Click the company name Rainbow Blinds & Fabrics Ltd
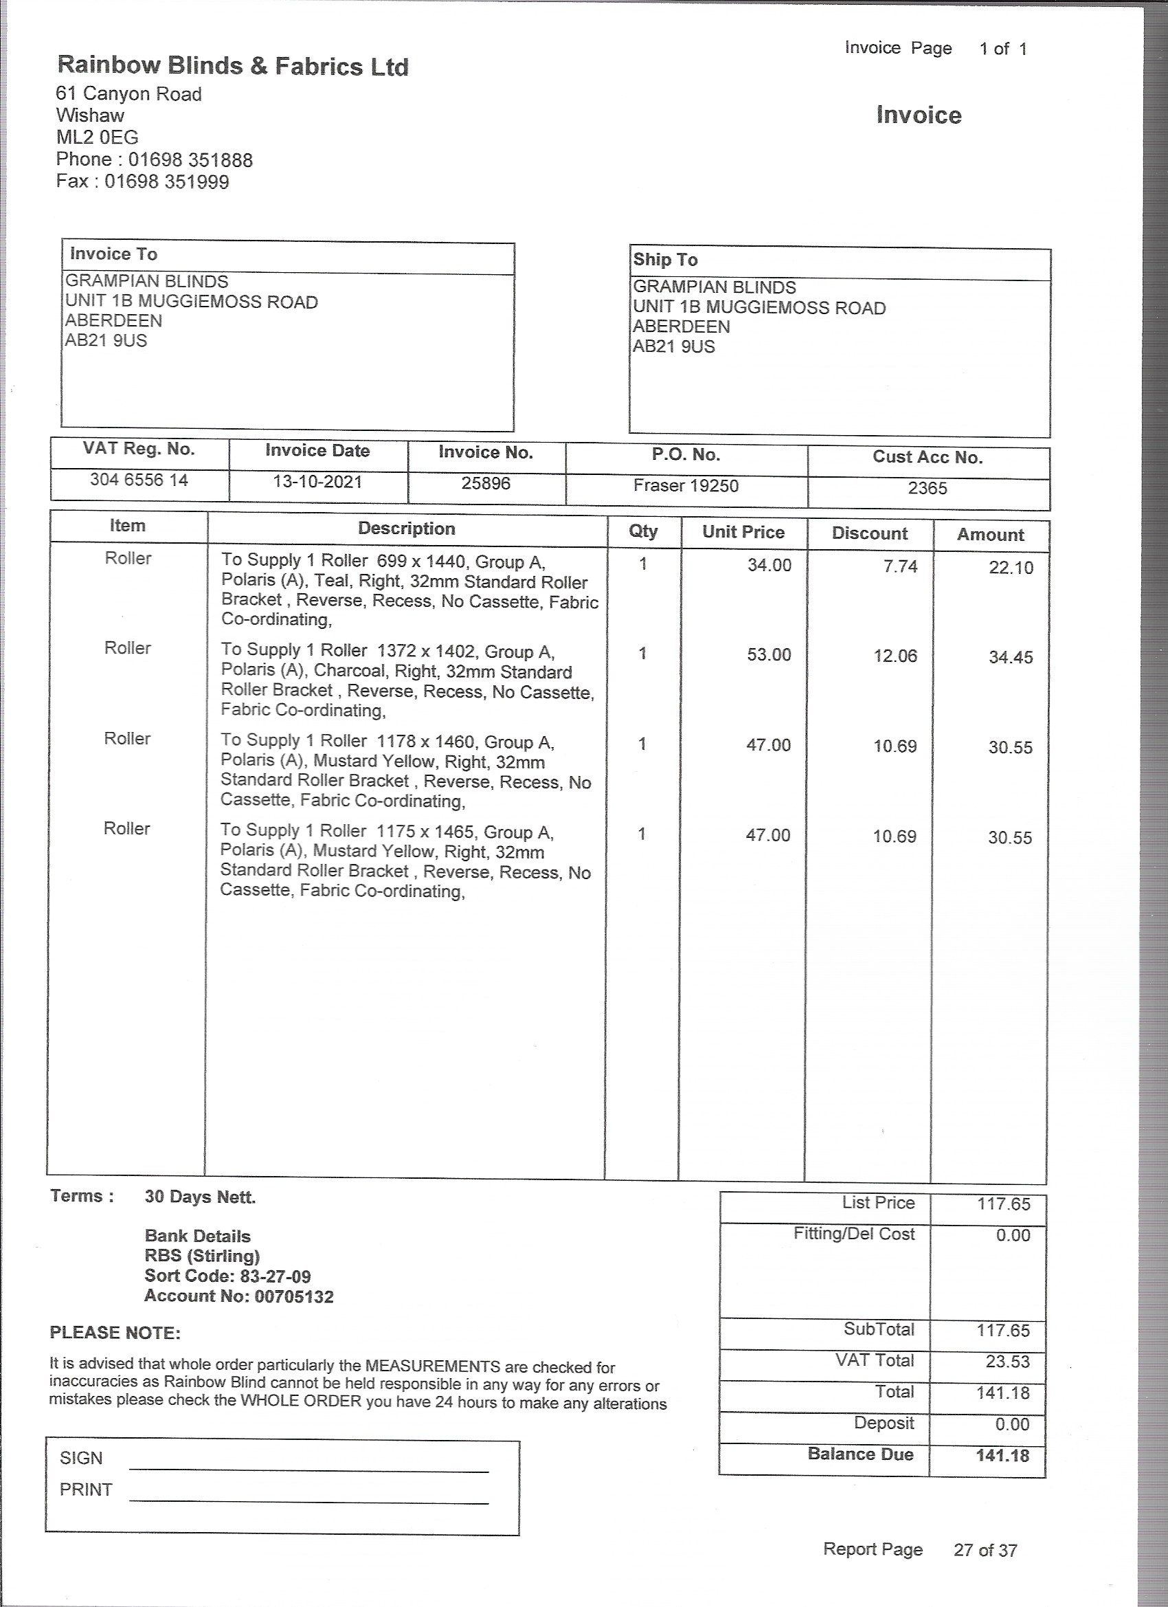coord(233,66)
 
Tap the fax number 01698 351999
coord(166,182)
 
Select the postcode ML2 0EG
coord(97,137)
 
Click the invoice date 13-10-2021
coord(317,483)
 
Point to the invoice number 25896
coord(486,484)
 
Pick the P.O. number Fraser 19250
coord(686,486)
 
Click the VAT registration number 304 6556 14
coord(139,480)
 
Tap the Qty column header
coord(643,531)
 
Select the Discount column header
coord(869,533)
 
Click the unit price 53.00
coord(769,655)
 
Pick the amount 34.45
coord(1010,658)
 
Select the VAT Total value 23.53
coord(1007,1362)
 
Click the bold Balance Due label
coord(860,1454)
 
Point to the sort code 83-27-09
coord(271,1276)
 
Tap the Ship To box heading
coord(665,260)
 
